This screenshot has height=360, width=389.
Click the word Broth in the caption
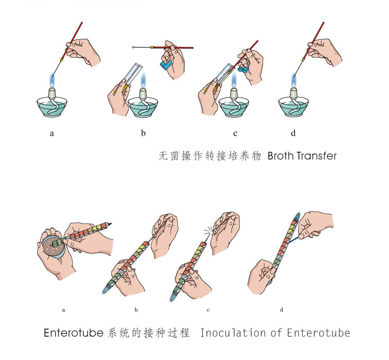[280, 156]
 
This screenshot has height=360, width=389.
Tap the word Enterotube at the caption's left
[74, 333]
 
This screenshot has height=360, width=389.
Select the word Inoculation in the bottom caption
[233, 333]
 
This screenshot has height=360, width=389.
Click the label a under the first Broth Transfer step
[52, 134]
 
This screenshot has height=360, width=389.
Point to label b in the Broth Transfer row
[143, 133]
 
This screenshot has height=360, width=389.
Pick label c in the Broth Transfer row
[235, 134]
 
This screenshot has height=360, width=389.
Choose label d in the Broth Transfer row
[293, 133]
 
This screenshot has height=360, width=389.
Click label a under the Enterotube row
[63, 310]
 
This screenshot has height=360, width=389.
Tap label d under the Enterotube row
[281, 310]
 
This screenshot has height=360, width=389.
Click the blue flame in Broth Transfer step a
[52, 79]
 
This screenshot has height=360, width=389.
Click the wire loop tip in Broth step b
[133, 47]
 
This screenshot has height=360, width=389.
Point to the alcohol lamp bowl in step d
[293, 107]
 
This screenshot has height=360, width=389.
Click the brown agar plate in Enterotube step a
[53, 247]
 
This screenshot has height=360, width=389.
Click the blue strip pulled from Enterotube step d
[294, 240]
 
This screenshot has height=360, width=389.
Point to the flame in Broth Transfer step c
[234, 81]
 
